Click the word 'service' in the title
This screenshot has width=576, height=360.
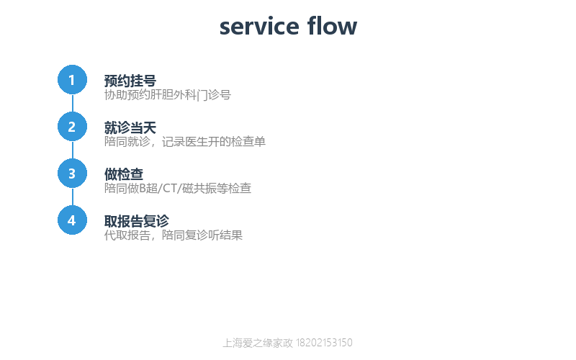coord(259,27)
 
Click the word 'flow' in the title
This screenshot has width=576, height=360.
coord(332,26)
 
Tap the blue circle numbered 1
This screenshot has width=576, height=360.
coord(73,80)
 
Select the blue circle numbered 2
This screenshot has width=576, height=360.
coord(73,127)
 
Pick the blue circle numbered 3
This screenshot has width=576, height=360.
coord(73,174)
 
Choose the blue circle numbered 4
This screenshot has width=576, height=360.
coord(73,220)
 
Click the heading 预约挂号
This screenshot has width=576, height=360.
coord(130,81)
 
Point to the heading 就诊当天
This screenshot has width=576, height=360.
coord(130,128)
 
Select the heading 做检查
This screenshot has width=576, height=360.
coord(124,174)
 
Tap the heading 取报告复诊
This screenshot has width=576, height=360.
coord(137,221)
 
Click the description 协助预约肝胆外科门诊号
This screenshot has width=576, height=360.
coord(168,95)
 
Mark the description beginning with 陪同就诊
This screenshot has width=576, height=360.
coord(185,141)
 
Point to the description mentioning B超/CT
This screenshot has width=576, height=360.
coord(178,188)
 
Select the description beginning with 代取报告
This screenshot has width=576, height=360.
coord(174,235)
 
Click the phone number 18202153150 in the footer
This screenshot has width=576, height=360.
coord(324,343)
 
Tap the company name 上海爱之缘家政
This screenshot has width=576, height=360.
coord(258,343)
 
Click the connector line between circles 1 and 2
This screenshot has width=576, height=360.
coord(73,103)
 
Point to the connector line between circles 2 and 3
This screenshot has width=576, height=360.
coord(73,150)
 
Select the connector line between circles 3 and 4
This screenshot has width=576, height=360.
coord(73,197)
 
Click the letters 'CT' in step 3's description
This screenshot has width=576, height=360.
coord(170,188)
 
